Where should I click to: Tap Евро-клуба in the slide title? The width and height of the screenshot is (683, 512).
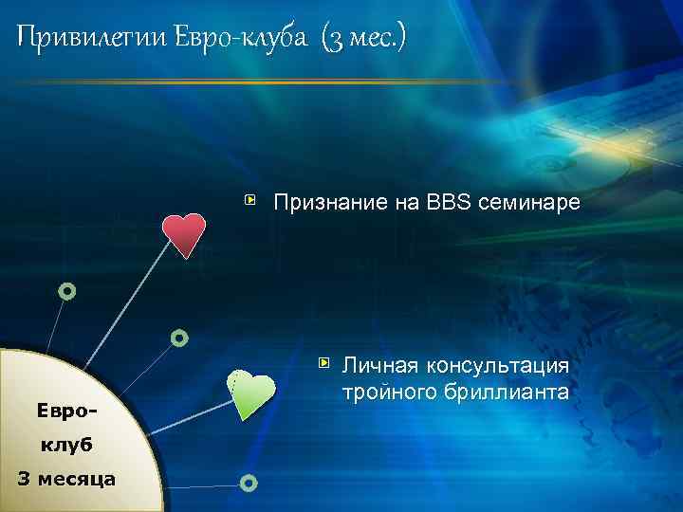242,38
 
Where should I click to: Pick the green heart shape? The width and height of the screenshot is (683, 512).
251,394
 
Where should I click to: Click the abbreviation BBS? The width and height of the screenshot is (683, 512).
448,202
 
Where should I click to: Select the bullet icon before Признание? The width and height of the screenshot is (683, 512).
250,201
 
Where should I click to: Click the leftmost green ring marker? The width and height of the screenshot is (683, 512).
66,291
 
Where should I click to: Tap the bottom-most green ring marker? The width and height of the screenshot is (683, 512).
249,484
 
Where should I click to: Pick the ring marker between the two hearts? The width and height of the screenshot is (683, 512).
178,337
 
